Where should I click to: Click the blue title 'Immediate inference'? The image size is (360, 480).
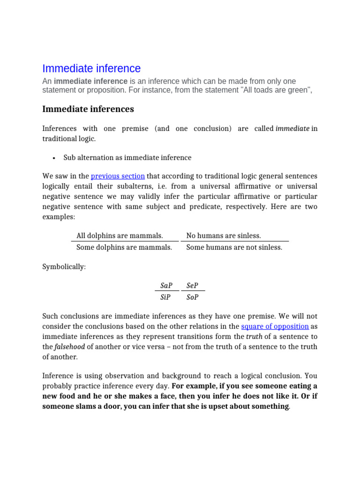pos(91,68)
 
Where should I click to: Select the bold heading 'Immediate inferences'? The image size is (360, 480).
pos(88,109)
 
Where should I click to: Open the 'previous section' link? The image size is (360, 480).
pos(118,176)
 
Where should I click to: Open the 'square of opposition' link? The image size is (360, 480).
pos(275,326)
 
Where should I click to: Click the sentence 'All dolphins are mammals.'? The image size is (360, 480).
pos(120,236)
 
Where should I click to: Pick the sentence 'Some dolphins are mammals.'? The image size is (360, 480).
pos(124,247)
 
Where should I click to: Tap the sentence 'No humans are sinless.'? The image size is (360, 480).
pos(224,236)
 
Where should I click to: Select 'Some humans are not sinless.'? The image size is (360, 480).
pos(234,247)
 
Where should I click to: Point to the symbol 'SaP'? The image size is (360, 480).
pos(166,286)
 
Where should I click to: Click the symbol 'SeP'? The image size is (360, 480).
pos(193,286)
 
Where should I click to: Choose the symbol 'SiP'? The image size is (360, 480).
pos(165,297)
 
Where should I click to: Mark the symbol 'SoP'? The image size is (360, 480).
pos(193,297)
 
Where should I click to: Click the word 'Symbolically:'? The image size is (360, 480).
pos(64,267)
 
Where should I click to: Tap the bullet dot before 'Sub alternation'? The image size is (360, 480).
pos(54,158)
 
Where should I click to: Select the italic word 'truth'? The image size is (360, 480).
pos(255,337)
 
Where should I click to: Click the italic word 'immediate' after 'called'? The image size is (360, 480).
pos(292,128)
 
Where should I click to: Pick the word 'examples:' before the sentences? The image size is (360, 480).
pos(59,217)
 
